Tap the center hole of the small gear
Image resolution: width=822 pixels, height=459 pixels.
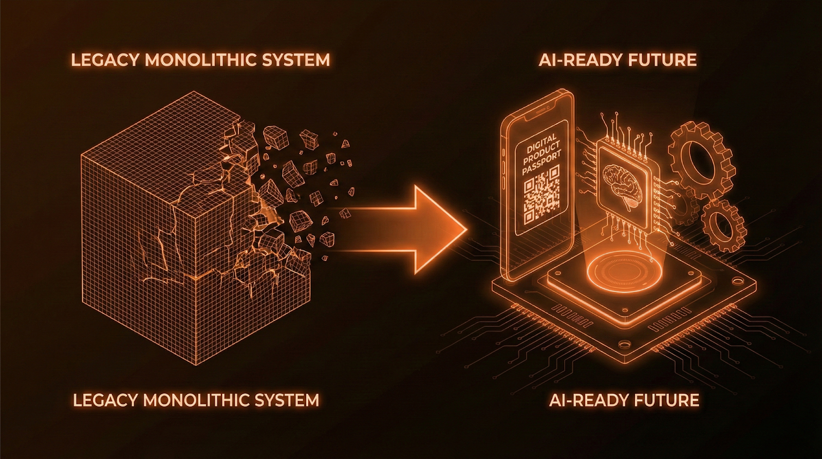(723, 225)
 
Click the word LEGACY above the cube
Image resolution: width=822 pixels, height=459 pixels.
(105, 60)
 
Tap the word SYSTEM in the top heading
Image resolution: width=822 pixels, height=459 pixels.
(297, 60)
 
